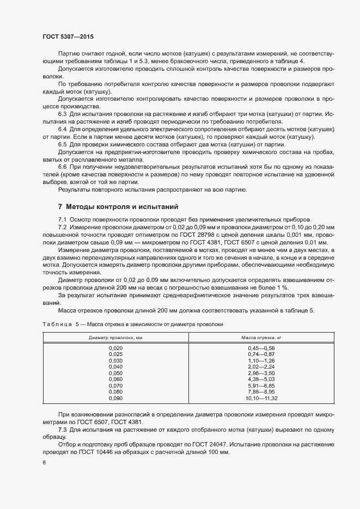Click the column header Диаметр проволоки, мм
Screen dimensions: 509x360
pos(116,338)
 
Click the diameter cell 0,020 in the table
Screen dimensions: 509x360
pos(116,348)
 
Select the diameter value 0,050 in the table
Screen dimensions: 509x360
pos(116,373)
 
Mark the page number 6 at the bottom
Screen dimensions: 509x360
pos(44,463)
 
